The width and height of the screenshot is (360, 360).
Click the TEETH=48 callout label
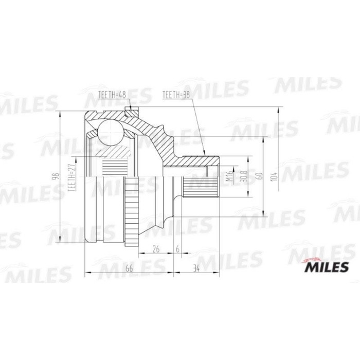pyautogui.click(x=112, y=95)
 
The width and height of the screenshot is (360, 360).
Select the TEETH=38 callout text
pyautogui.click(x=176, y=95)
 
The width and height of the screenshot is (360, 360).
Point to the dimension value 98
pyautogui.click(x=55, y=177)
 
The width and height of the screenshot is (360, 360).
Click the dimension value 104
pyautogui.click(x=276, y=175)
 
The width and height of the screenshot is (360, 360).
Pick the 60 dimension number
pyautogui.click(x=261, y=175)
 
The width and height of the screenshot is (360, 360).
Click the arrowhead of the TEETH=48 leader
pyautogui.click(x=131, y=109)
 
